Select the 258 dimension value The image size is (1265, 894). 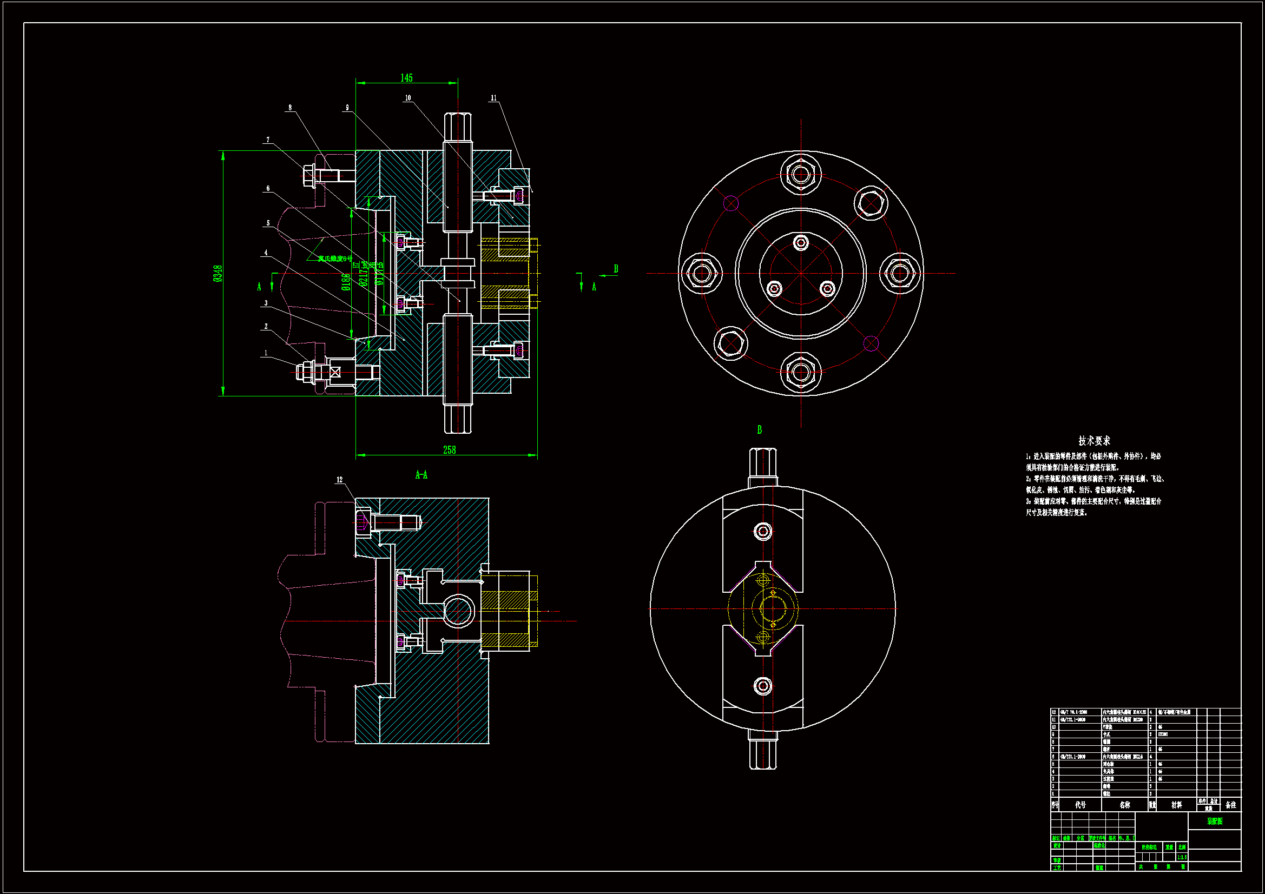[449, 450]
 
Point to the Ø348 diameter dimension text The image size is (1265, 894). [218, 273]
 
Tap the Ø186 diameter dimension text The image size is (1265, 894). [345, 281]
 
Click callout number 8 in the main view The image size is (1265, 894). [290, 108]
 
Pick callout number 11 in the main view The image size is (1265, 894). [493, 98]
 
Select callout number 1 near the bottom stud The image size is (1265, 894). [266, 353]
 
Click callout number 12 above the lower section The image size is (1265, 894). [339, 480]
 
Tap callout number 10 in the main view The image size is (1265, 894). [408, 98]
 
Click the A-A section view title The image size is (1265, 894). [421, 475]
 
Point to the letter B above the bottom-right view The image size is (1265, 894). [759, 429]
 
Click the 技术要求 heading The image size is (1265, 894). [1093, 441]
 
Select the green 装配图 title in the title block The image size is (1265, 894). [1214, 821]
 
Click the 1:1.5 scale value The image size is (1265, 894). [1182, 857]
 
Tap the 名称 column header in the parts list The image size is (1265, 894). [1124, 805]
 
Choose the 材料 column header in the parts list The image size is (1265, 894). [1176, 805]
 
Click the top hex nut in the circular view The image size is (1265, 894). [801, 175]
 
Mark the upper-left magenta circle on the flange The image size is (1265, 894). [730, 203]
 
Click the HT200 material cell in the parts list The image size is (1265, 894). [1163, 734]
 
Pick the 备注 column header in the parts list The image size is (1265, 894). [1230, 805]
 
